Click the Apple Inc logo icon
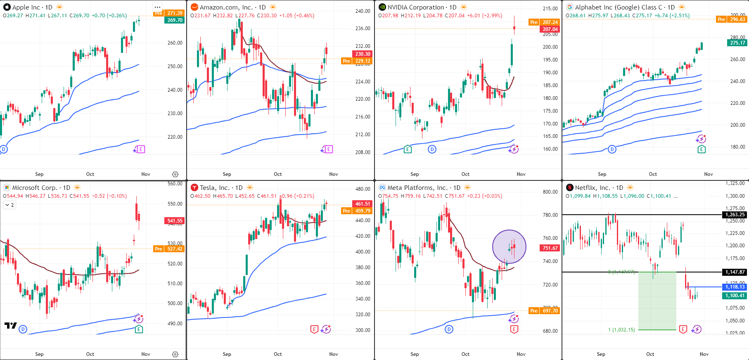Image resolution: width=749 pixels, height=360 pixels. point(7,7)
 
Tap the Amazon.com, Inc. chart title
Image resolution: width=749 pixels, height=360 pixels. point(226,7)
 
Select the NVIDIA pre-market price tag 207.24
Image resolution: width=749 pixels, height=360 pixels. point(550,22)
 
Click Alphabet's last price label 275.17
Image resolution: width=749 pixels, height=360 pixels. point(737,43)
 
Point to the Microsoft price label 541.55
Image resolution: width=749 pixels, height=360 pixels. point(175,221)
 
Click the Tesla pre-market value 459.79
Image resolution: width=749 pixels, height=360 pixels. point(363,211)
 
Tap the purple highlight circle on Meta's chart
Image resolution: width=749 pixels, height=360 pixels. point(509,247)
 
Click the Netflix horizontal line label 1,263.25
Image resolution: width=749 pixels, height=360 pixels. point(735,215)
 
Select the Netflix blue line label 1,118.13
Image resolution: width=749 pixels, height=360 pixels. point(735,287)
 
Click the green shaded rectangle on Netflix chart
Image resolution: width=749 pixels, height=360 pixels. point(657,301)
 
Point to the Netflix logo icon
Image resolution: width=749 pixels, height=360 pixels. point(569,187)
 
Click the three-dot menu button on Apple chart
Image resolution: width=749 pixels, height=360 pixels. point(157,7)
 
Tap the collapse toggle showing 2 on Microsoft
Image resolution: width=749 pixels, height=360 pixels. point(10,205)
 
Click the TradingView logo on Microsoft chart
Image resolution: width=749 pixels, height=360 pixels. point(11,326)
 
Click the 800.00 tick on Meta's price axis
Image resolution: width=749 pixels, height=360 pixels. point(550,192)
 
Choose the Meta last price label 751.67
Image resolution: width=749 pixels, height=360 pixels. point(550,248)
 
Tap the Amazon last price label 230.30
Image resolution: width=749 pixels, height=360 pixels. point(363,54)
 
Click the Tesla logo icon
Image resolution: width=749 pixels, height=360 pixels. point(194,187)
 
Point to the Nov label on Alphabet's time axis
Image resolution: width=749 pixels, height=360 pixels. point(709,174)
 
